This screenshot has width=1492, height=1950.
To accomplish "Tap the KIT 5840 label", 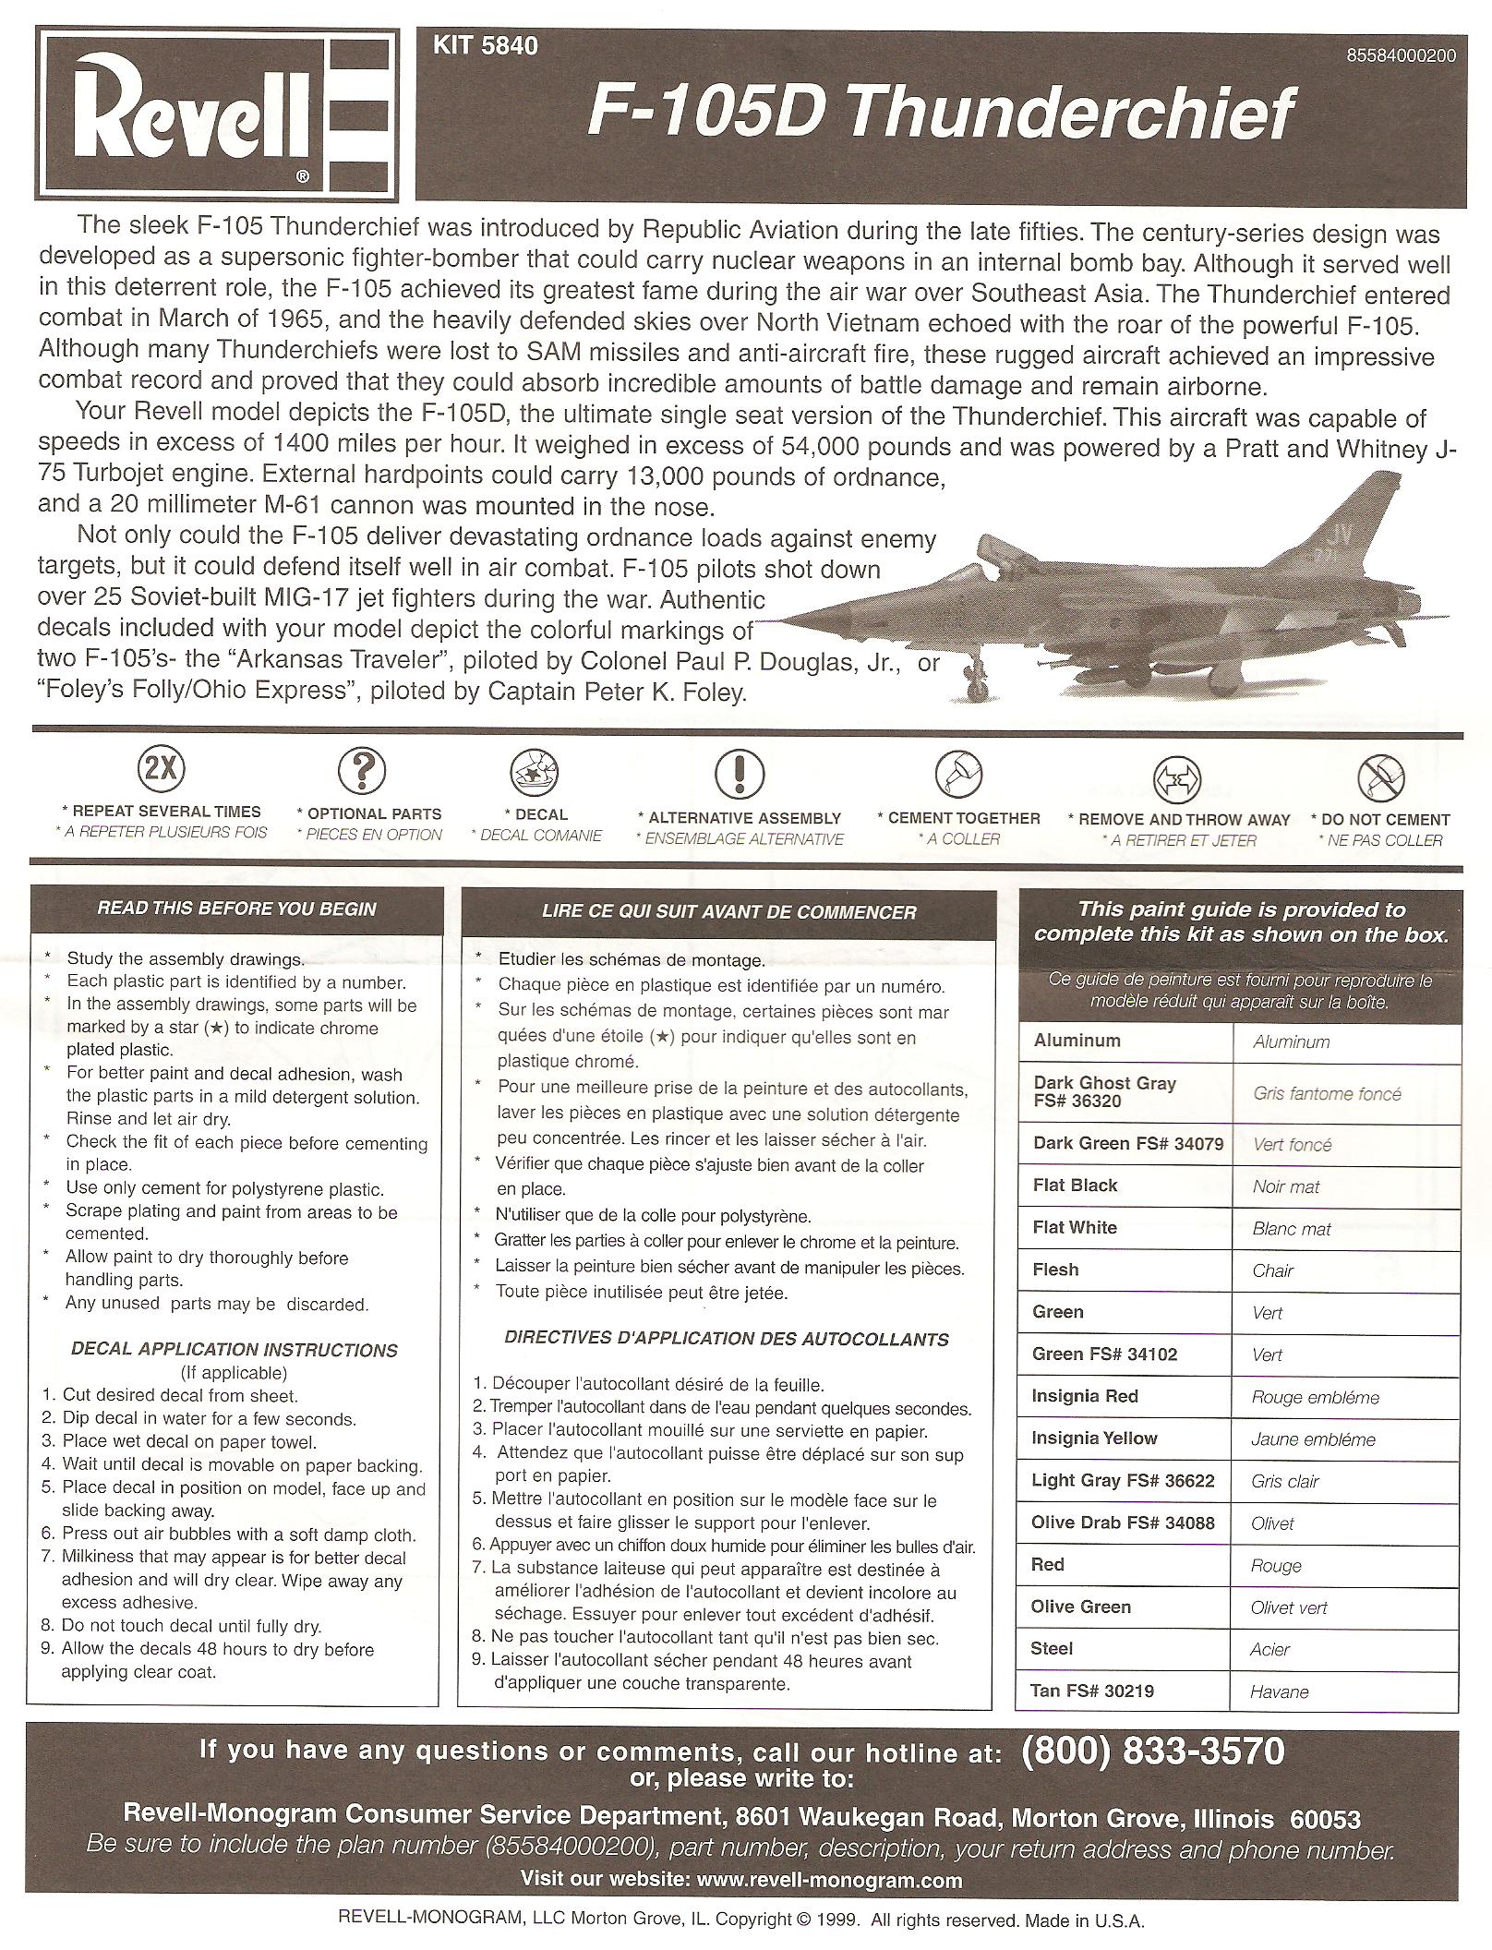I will (x=485, y=45).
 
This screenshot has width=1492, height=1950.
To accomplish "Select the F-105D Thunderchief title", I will (x=940, y=115).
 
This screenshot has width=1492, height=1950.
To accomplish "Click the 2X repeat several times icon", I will (x=161, y=768).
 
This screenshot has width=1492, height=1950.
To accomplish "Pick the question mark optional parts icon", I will (x=361, y=769).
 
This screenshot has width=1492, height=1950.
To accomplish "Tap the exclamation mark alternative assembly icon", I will (x=739, y=773).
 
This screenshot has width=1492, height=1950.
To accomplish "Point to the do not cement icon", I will (x=1380, y=776).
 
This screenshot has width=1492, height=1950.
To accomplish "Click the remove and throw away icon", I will (x=1177, y=777).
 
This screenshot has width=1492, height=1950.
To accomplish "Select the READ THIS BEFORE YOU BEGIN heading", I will (x=236, y=909).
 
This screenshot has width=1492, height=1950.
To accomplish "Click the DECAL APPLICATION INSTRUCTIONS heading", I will (x=234, y=1350).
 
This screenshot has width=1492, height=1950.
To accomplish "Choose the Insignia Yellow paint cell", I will (x=1094, y=1438).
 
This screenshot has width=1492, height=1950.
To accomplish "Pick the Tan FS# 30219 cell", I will (x=1093, y=1691).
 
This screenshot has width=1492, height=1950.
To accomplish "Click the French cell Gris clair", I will (x=1285, y=1481).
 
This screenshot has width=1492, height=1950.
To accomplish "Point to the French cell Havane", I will (x=1280, y=1691).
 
